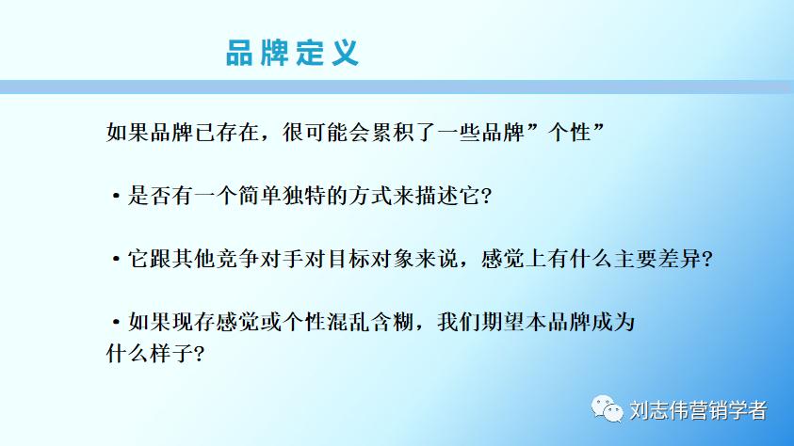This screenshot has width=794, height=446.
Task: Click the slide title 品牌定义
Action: click(292, 52)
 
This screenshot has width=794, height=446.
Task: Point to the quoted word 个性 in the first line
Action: click(575, 132)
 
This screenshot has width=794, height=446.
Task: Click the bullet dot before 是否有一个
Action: click(115, 197)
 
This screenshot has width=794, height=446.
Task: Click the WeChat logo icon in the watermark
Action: click(607, 409)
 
